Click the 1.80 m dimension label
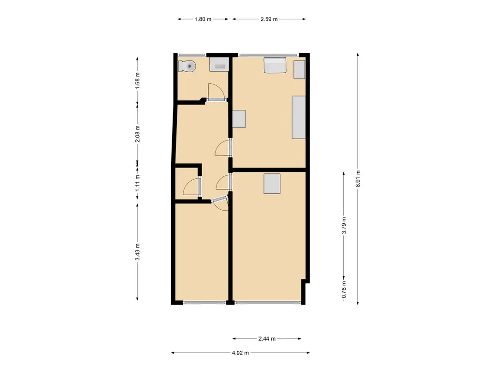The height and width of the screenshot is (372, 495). pos(203,19)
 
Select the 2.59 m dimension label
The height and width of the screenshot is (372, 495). pos(269,19)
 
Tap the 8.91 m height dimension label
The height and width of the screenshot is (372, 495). pos(358,179)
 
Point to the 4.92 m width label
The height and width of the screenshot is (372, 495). pos(240,353)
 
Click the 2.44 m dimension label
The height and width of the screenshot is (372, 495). pos(267,339)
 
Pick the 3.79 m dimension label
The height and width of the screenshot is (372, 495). pos(344,226)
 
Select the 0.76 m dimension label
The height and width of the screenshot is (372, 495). pos(344,290)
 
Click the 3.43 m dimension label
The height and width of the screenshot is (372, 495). pos(138,252)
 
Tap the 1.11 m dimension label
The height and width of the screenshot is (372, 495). pos(138,183)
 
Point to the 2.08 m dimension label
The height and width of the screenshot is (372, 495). pos(138,134)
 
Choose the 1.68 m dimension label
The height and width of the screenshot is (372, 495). pos(138,81)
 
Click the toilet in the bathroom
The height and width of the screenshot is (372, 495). pos(187,66)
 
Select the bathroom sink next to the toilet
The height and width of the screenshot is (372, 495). pos(219,64)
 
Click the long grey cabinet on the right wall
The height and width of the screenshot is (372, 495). pos(299,117)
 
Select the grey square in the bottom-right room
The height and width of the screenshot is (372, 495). pos(272,184)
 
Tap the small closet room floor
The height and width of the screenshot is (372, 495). pos(187,184)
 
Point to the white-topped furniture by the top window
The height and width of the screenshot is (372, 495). pos(275,65)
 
